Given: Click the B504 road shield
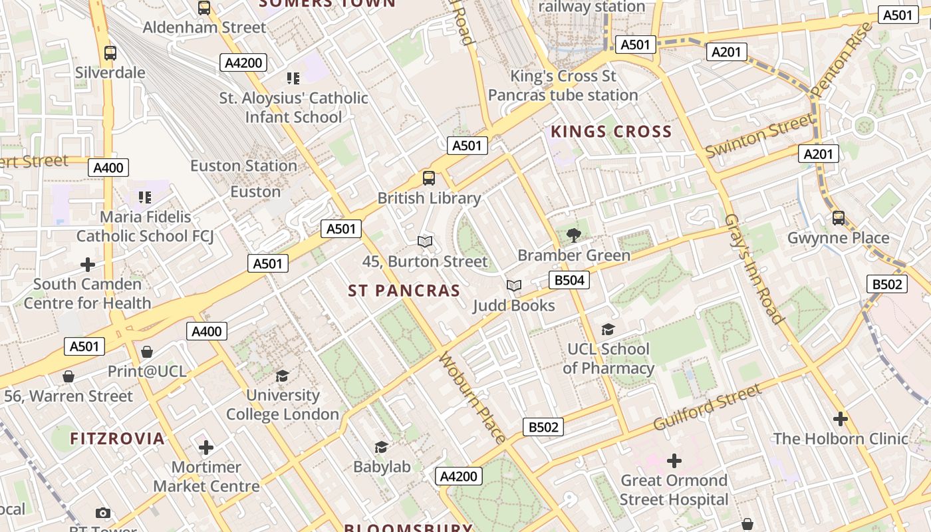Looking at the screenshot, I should (x=569, y=280).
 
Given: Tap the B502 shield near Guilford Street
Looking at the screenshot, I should (x=543, y=427).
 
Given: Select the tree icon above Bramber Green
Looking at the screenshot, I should (x=573, y=235).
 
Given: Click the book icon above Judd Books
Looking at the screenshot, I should (x=513, y=285).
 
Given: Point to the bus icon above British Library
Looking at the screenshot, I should (x=429, y=178).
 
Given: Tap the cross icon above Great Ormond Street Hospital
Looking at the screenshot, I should (x=674, y=460).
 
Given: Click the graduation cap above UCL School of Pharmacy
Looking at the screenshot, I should (x=608, y=329).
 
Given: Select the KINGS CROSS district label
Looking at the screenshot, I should (x=611, y=132).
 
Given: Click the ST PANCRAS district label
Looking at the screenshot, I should (x=404, y=291).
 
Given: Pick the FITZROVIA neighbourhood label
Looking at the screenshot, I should (x=117, y=438).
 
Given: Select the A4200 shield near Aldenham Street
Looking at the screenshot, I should (x=244, y=63).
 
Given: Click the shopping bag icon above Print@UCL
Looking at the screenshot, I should (x=147, y=351).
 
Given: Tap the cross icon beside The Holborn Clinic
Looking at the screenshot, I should (x=841, y=419).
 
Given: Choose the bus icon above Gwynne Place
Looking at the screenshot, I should (x=839, y=217).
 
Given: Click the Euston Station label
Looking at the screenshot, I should (x=243, y=166).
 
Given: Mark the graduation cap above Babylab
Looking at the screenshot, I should (x=381, y=447).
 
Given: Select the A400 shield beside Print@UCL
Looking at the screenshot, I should (x=206, y=331).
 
